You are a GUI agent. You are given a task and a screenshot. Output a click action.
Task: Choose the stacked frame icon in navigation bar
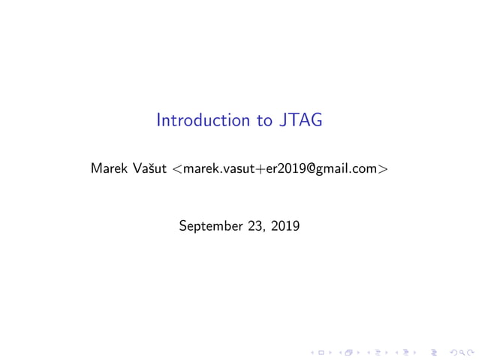tap(349, 351)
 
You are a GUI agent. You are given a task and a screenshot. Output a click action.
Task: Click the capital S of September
tap(183, 224)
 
